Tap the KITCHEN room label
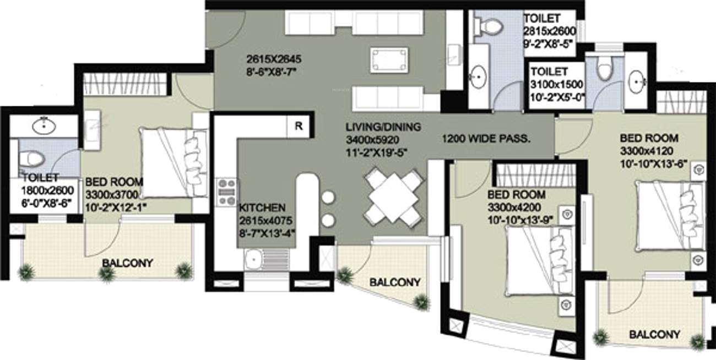tap(262, 208)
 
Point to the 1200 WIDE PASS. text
tap(486, 139)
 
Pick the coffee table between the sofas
tap(389, 60)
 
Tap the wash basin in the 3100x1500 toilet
tap(638, 80)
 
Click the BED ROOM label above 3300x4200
tap(517, 195)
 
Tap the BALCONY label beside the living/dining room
tap(395, 282)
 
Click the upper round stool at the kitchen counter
tap(329, 198)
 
